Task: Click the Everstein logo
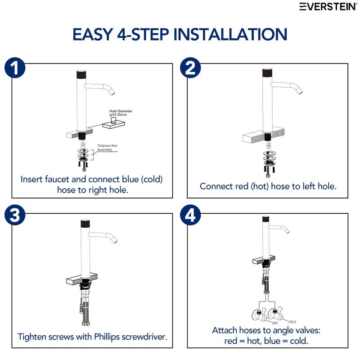pyautogui.click(x=328, y=7)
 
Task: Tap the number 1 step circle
pyautogui.click(x=15, y=67)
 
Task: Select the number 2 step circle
pyautogui.click(x=190, y=67)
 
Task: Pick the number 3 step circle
pyautogui.click(x=15, y=215)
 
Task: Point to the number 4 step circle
pyautogui.click(x=190, y=215)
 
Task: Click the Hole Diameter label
pyautogui.click(x=121, y=113)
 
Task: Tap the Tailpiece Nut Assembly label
pyautogui.click(x=107, y=148)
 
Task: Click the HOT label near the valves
pyautogui.click(x=275, y=323)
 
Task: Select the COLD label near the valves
pyautogui.click(x=292, y=322)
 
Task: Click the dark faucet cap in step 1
pyautogui.click(x=81, y=74)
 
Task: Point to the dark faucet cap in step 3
pyautogui.click(x=85, y=224)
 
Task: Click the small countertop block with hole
pyautogui.click(x=114, y=125)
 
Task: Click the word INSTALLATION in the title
pyautogui.click(x=230, y=35)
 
